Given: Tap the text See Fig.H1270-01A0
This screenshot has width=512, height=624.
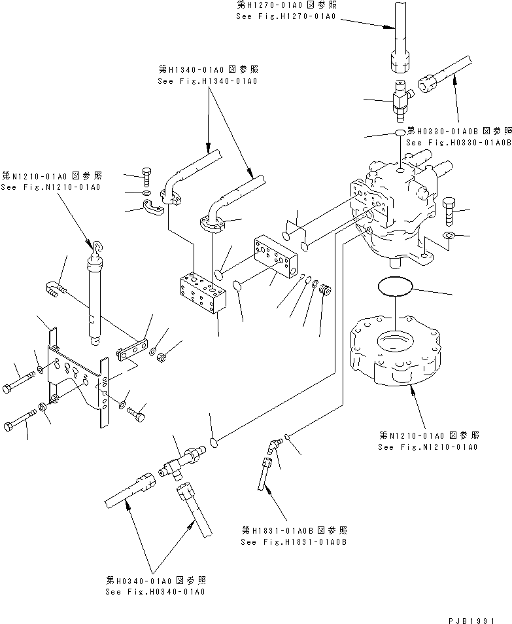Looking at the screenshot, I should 286,16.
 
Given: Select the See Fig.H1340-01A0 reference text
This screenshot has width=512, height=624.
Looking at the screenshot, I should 207,81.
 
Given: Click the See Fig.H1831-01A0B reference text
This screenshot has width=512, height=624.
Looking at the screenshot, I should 293,541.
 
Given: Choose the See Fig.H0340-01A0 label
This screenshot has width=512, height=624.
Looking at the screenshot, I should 155,591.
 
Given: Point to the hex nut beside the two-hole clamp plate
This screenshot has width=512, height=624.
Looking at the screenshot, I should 165,358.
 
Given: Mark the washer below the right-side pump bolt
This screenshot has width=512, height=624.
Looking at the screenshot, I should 449,235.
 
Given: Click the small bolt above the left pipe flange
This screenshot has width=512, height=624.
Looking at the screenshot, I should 146,177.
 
